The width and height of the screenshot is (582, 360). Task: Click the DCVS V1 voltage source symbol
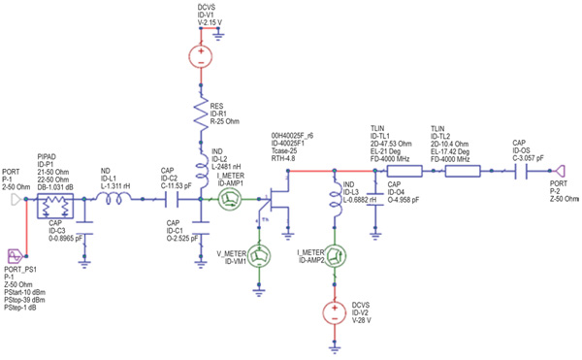200,55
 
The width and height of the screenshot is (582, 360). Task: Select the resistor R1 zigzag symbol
200,115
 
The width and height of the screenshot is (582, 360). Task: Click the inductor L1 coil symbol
113,200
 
